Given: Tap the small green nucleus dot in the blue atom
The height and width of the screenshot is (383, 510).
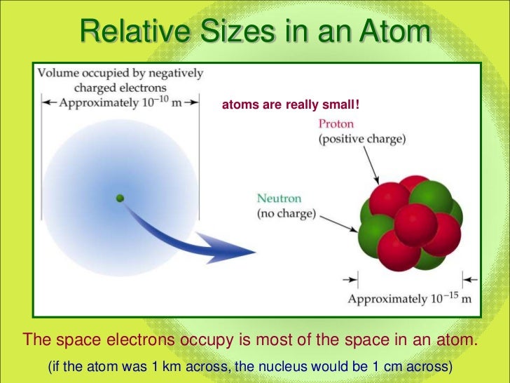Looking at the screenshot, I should coord(120,199).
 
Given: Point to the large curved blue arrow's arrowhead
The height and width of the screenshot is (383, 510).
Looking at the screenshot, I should coord(238,248).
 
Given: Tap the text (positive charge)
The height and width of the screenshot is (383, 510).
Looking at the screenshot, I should coord(361,139).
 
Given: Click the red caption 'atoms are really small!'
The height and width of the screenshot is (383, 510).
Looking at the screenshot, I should coord(290,105).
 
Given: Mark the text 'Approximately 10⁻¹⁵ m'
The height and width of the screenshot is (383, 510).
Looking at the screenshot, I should coord(408,299).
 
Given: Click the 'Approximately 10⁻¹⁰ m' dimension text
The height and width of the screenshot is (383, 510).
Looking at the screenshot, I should coord(120,102).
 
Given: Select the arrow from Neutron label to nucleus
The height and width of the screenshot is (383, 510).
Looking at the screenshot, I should coord(336,221).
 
